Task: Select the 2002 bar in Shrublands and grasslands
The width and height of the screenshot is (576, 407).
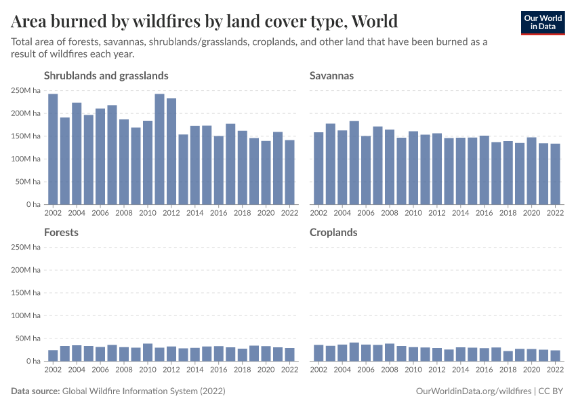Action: (x=53, y=149)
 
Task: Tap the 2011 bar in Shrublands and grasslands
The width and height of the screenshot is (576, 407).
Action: (x=159, y=149)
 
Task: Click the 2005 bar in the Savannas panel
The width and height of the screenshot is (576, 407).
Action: (x=354, y=163)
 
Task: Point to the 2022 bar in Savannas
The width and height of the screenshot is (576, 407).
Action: (x=555, y=174)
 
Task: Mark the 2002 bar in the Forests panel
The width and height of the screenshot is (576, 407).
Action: (x=53, y=355)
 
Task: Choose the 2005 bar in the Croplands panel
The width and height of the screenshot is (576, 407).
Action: (x=354, y=352)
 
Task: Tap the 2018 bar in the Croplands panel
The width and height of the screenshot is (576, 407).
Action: (x=508, y=356)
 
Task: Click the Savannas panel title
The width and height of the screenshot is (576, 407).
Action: (x=331, y=75)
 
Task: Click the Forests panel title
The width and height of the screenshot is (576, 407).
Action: (x=61, y=232)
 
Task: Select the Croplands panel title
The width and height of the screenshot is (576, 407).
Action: (x=333, y=232)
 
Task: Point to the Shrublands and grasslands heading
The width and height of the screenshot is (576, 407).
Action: (x=106, y=75)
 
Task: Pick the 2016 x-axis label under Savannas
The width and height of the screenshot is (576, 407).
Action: (x=484, y=213)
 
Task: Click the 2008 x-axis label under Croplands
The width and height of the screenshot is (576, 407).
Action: (x=389, y=370)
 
